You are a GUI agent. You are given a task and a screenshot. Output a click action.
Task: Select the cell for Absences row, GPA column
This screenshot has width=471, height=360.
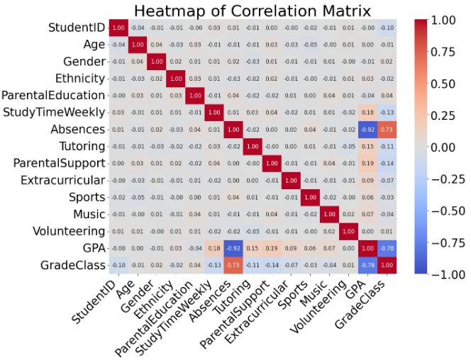click(367, 129)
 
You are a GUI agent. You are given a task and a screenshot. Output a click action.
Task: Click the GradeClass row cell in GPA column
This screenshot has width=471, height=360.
click(367, 265)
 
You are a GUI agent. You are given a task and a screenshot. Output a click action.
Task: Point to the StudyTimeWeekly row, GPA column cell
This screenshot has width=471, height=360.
click(367, 112)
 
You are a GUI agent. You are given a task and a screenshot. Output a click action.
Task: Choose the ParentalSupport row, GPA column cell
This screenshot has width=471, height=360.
click(367, 163)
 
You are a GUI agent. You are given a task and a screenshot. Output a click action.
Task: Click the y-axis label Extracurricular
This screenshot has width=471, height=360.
click(62, 181)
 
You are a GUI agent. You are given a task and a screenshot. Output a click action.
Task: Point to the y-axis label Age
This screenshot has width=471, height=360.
click(94, 45)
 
